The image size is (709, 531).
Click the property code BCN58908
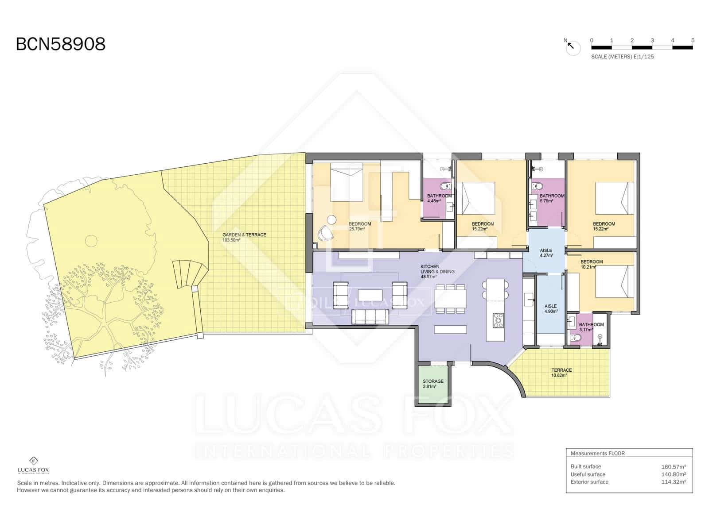point(61,44)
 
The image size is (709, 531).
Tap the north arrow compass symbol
point(573,46)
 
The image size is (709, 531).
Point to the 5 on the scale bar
point(692,40)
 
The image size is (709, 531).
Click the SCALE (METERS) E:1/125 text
point(622,57)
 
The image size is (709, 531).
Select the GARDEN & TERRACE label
point(244,237)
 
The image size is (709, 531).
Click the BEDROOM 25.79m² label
point(359,226)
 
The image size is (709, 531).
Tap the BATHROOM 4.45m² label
point(439,198)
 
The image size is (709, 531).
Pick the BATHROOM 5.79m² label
point(551,198)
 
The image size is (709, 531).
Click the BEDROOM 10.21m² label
point(591,264)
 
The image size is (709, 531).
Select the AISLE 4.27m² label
point(545,253)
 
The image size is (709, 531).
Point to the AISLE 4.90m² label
point(550,308)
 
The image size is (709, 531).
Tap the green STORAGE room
point(432,384)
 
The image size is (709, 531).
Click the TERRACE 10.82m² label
point(561,373)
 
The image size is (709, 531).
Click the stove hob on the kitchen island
point(499,320)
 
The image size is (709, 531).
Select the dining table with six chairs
point(451,299)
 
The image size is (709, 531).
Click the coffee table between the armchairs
point(370,295)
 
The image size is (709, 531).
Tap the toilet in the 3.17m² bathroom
point(576,338)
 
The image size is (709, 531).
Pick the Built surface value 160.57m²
point(673,466)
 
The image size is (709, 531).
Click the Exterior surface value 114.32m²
point(673,482)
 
